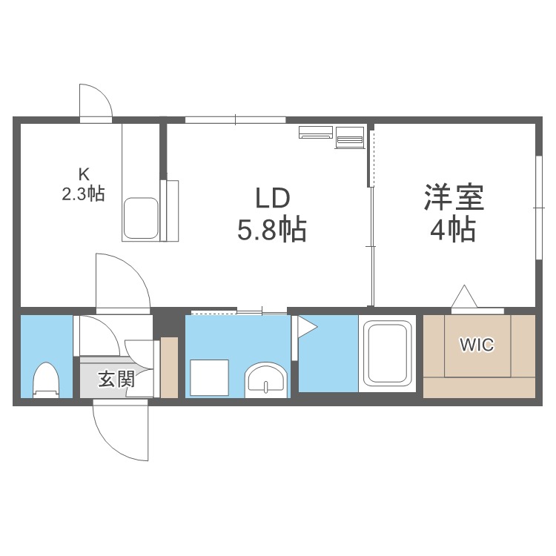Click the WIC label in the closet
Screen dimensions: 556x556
click(x=477, y=345)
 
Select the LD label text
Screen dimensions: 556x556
click(x=272, y=198)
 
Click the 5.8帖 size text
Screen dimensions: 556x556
click(x=272, y=231)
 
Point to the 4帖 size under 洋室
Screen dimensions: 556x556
click(x=453, y=231)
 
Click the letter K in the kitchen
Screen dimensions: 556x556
click(x=84, y=175)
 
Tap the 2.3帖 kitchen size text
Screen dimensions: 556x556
click(x=83, y=194)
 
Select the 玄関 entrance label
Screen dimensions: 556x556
click(x=116, y=380)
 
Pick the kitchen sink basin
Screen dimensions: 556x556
click(x=141, y=218)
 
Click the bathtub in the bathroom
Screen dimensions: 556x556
click(x=386, y=354)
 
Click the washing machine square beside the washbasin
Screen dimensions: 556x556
click(x=208, y=377)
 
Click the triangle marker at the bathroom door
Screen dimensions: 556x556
click(x=304, y=327)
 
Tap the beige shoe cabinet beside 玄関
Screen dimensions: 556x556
click(x=170, y=366)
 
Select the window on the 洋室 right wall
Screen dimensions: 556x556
click(x=537, y=208)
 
